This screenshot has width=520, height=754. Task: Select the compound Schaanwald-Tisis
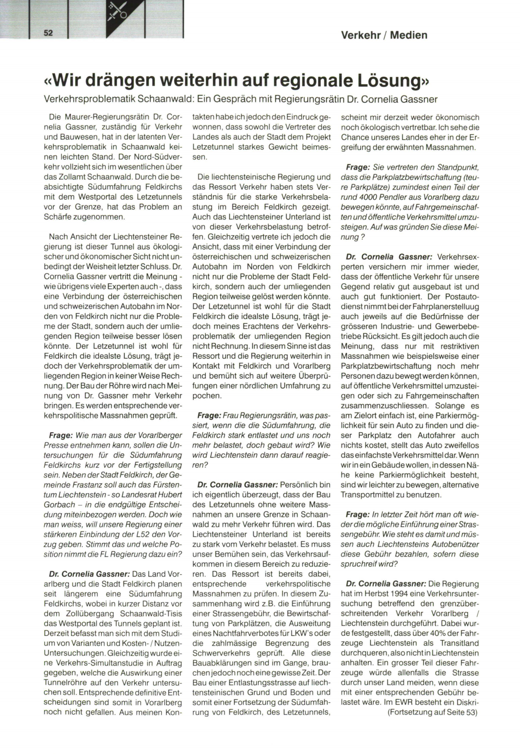[x=151, y=613]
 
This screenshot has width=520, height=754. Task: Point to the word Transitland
[x=457, y=643]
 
